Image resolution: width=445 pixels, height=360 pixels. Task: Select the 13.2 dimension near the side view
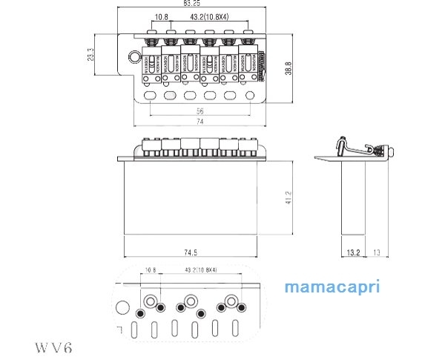pyautogui.click(x=353, y=253)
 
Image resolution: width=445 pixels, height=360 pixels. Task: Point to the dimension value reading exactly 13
pyautogui.click(x=378, y=253)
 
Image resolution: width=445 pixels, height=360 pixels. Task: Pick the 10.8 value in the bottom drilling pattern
pyautogui.click(x=151, y=269)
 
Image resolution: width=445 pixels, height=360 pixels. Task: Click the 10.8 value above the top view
pyautogui.click(x=162, y=16)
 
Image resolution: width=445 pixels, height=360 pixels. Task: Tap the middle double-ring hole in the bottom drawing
pyautogui.click(x=191, y=301)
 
